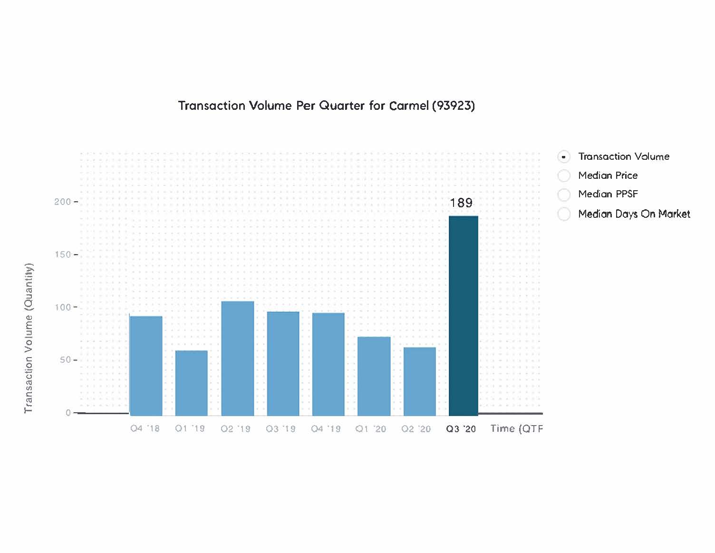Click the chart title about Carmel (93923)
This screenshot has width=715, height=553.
(x=327, y=106)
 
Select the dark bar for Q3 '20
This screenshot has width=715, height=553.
(x=464, y=316)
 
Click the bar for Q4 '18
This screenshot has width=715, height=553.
(x=146, y=366)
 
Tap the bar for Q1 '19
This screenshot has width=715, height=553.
(x=191, y=383)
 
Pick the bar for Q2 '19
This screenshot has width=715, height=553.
(x=237, y=358)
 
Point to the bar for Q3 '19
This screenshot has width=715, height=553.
(x=283, y=363)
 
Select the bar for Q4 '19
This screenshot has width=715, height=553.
(x=329, y=364)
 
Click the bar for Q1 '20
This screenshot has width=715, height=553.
(x=374, y=376)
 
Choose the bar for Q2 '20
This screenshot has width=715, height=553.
(x=419, y=381)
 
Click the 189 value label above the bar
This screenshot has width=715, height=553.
(x=461, y=203)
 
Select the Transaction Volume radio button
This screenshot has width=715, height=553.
(x=564, y=157)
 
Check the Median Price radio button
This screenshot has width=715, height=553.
(x=564, y=175)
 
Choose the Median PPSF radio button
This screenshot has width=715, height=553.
(x=564, y=194)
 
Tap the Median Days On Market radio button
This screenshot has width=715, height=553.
(x=564, y=214)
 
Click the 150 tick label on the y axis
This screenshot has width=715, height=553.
(x=63, y=254)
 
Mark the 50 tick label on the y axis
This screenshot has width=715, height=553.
(x=65, y=359)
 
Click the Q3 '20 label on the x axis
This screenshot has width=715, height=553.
(x=461, y=429)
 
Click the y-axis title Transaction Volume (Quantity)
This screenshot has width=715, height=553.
(x=29, y=338)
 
